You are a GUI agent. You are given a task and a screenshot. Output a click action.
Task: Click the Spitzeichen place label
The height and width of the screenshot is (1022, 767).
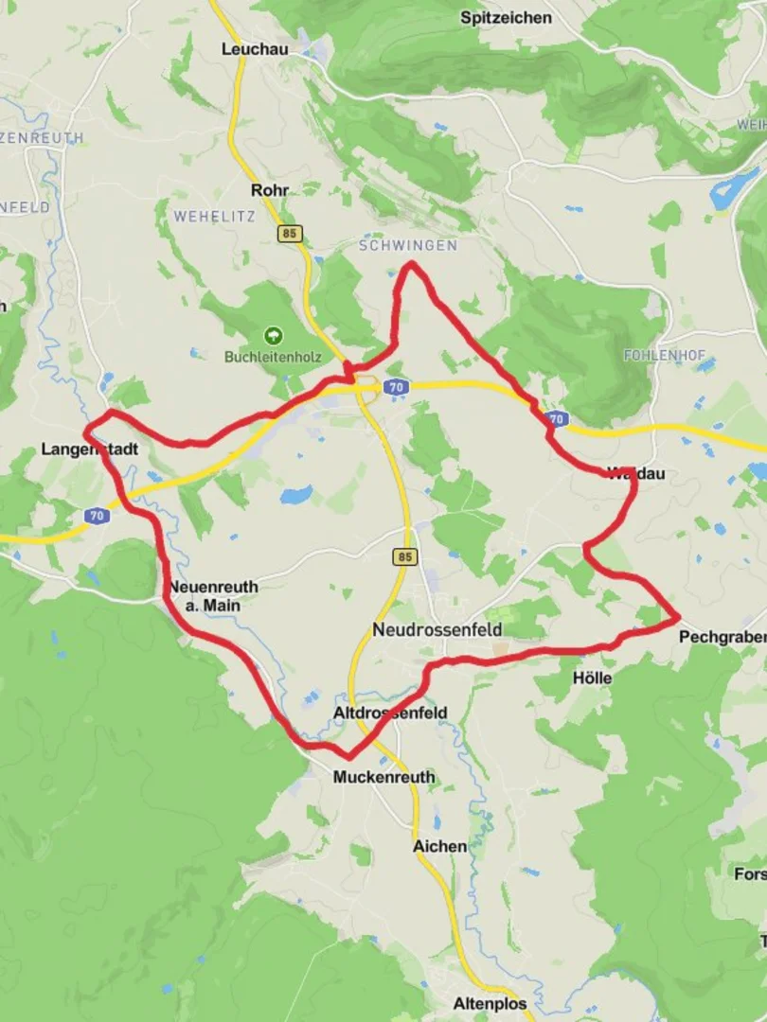(506, 17)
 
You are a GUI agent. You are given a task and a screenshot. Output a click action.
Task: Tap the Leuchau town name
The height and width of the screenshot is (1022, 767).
(254, 48)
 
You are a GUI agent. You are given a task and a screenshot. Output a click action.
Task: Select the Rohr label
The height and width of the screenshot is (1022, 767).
(269, 190)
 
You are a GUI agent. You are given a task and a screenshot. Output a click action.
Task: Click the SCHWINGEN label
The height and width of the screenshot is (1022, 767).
(407, 245)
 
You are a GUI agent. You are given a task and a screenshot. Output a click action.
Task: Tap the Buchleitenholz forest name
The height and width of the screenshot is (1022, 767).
(273, 357)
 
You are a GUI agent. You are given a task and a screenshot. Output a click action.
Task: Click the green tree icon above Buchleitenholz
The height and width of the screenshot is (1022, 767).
(273, 335)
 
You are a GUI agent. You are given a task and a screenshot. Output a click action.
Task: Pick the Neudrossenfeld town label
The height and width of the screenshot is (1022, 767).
(437, 630)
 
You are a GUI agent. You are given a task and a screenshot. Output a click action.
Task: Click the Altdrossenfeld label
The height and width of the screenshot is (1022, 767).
(390, 713)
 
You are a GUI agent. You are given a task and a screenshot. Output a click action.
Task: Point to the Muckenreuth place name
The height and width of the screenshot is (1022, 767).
(384, 777)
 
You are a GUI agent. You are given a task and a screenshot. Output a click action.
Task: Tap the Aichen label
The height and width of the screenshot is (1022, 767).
(439, 846)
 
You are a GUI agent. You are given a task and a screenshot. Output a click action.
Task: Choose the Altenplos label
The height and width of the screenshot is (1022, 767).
(490, 1004)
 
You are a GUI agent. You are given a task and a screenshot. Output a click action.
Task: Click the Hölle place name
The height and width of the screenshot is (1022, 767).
(592, 678)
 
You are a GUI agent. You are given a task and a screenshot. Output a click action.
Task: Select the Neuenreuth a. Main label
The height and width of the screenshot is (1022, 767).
(213, 595)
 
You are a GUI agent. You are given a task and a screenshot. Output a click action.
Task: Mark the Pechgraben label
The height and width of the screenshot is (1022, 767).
(722, 638)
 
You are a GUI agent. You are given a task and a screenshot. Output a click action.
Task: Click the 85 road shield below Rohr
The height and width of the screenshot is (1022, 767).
(290, 233)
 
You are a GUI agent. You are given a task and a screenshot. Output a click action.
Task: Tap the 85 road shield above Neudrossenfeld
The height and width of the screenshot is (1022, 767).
(405, 557)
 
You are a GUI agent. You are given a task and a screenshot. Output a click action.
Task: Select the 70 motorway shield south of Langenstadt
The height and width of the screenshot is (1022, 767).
(96, 516)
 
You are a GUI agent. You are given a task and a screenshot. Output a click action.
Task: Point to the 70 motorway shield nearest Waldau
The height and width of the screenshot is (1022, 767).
(557, 417)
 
